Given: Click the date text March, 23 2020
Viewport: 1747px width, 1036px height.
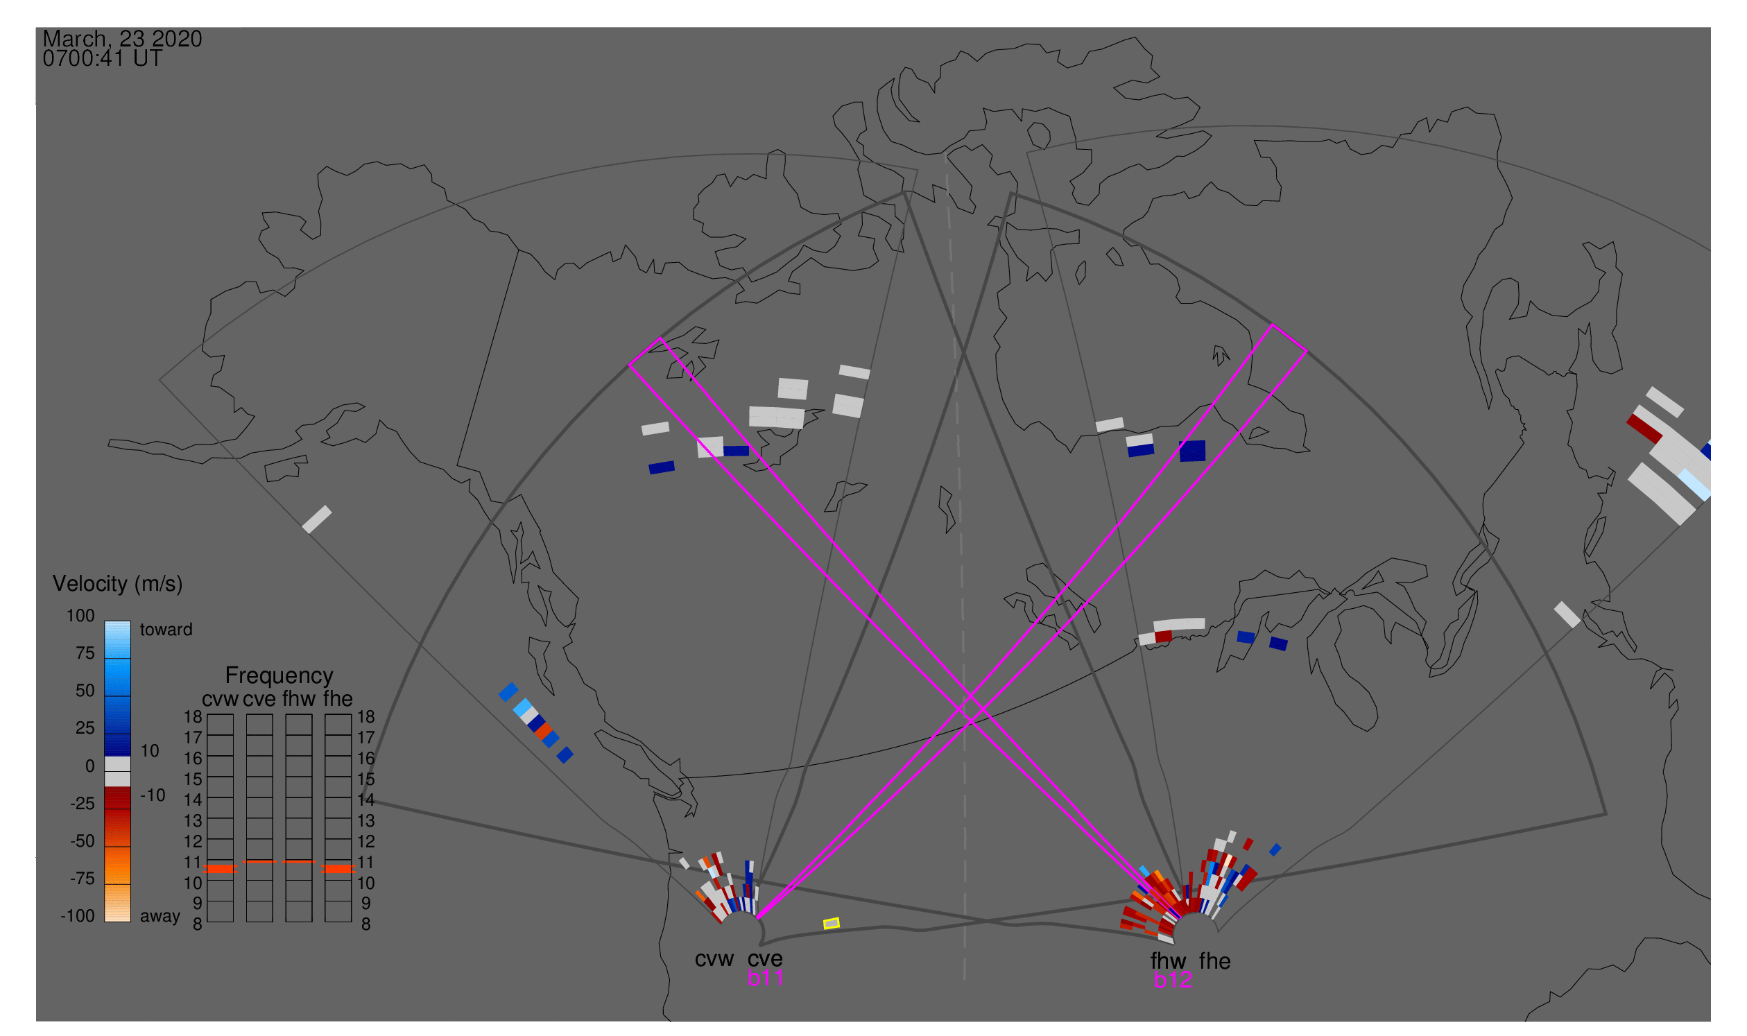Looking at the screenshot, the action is coord(122,39).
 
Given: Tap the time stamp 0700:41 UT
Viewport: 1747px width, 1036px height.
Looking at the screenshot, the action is coord(103,59).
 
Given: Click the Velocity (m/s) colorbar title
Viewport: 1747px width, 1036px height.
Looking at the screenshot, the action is coord(118,584).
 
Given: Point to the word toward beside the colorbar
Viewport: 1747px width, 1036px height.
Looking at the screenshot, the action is coord(166,630).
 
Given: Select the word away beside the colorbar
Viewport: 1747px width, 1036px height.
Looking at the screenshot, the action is coord(160,916).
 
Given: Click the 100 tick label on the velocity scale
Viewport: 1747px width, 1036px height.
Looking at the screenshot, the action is coord(80,616).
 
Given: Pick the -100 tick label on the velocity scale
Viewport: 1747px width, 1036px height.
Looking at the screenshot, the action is coord(78,916).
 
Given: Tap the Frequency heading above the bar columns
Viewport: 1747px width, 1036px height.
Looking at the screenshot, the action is coord(279,676).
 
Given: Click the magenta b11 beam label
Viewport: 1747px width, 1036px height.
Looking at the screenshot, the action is coord(765,978).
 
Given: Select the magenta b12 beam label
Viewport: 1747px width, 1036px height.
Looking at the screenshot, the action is coord(1173,981).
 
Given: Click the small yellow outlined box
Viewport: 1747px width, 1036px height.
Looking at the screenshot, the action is coord(832,924).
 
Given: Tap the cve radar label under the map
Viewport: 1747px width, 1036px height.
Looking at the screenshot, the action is coord(765,959).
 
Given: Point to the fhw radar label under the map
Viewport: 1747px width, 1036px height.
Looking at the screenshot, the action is coord(1169,961).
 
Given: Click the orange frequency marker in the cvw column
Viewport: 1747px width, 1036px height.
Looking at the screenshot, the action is coord(221,869).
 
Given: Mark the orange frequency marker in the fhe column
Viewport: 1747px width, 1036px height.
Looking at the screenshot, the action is coord(338,869).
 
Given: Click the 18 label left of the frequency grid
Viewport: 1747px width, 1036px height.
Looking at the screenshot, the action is coord(193,717).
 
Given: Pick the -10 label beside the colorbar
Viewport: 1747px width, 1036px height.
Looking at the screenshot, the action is coord(153,795).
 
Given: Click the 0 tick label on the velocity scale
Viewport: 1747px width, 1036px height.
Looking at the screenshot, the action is coord(90,766).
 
